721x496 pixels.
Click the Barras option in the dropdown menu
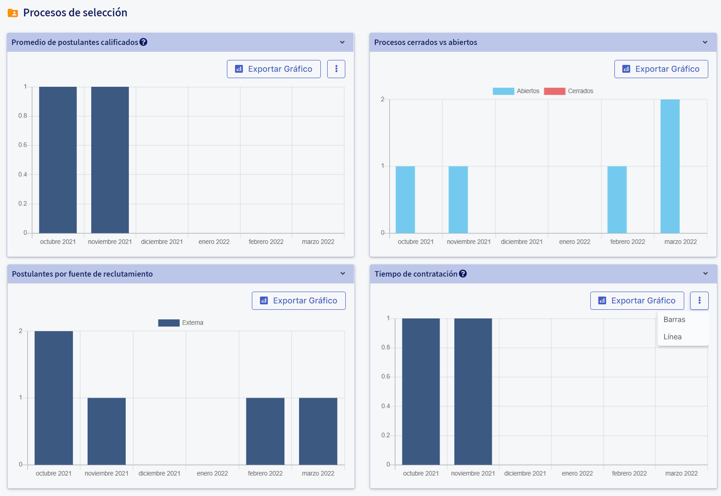pyautogui.click(x=674, y=320)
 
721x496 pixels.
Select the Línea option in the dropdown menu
pyautogui.click(x=672, y=337)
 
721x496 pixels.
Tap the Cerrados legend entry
pyautogui.click(x=569, y=91)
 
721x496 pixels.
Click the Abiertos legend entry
pyautogui.click(x=516, y=91)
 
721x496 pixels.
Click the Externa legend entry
pyautogui.click(x=181, y=323)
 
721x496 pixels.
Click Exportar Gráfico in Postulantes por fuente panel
pyautogui.click(x=299, y=301)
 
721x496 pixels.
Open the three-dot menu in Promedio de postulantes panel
pyautogui.click(x=336, y=69)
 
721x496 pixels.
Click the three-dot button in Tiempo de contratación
pyautogui.click(x=699, y=301)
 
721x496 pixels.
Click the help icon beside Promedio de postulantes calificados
pyautogui.click(x=143, y=42)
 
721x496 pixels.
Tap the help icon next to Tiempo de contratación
pyautogui.click(x=463, y=274)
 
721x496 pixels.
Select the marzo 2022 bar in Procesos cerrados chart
pyautogui.click(x=670, y=166)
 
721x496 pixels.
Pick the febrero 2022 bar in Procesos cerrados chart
pyautogui.click(x=617, y=200)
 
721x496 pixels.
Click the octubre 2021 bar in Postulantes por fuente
pyautogui.click(x=54, y=398)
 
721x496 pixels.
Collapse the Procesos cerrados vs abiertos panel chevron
pyautogui.click(x=705, y=42)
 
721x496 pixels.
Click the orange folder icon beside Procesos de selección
pyautogui.click(x=13, y=13)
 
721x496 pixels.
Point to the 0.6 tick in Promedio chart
pyautogui.click(x=23, y=145)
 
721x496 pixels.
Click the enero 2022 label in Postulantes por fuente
pyautogui.click(x=212, y=473)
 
